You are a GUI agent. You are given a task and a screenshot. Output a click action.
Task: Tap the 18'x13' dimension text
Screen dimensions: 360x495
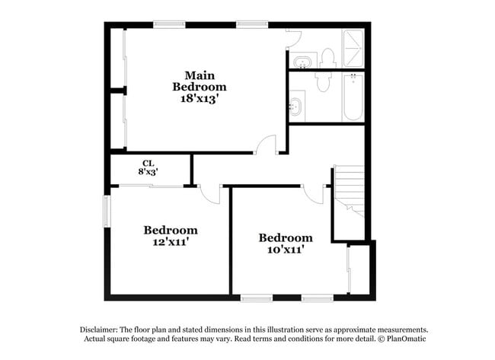coord(200,98)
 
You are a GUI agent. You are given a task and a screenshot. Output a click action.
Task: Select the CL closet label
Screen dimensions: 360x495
coord(148,163)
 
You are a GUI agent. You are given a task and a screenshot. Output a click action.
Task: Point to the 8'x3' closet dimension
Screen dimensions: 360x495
coord(148,173)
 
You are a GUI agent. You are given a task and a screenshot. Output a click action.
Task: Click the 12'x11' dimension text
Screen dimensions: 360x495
coord(171,242)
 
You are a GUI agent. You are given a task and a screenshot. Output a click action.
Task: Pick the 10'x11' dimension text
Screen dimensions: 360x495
coord(285,249)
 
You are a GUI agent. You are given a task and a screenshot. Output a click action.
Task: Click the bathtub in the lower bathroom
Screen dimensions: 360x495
coord(353,97)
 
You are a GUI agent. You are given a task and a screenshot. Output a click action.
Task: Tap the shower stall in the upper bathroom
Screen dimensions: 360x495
coord(353,49)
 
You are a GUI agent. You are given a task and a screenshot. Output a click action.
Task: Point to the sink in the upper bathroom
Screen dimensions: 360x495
coord(302,60)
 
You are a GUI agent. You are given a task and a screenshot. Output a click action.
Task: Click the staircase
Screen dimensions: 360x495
coord(349,190)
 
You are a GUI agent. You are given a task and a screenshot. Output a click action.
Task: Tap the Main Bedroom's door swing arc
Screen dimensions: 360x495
coord(266,144)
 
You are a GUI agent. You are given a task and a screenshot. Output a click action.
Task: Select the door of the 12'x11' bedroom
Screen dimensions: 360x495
coord(210,194)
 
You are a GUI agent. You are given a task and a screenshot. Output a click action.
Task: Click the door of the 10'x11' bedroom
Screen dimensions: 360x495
coord(313,194)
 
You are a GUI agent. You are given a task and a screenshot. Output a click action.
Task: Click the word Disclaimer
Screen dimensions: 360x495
coord(102,330)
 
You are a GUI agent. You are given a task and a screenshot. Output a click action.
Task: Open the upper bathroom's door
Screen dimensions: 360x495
coord(294,39)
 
